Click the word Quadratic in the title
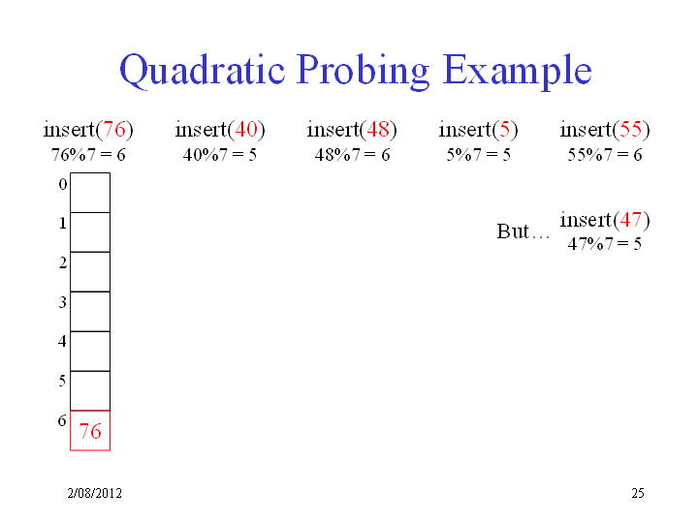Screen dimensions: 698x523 tap(202, 71)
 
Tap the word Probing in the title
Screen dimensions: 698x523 tap(363, 71)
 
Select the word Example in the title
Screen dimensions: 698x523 tap(517, 71)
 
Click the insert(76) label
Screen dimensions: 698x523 tap(88, 130)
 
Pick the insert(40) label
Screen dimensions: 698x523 tap(220, 130)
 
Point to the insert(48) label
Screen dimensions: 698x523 tap(352, 130)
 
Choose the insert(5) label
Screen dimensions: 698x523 tap(478, 130)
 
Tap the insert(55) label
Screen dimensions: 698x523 tap(605, 130)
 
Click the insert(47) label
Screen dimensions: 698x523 tap(605, 220)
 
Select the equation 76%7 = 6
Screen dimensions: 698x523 tap(88, 155)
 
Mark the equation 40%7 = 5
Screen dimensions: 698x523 tap(220, 155)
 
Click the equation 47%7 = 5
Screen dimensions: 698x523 tap(605, 244)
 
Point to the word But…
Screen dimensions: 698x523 tap(523, 231)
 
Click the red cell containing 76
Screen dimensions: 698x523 tap(90, 430)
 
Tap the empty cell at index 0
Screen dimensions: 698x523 tap(90, 193)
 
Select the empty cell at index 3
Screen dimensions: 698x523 tap(90, 311)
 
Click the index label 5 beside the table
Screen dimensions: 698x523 tap(62, 381)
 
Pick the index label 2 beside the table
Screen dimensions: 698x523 tap(63, 262)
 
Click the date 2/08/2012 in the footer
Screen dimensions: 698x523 tap(94, 493)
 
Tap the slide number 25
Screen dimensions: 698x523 tap(638, 493)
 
